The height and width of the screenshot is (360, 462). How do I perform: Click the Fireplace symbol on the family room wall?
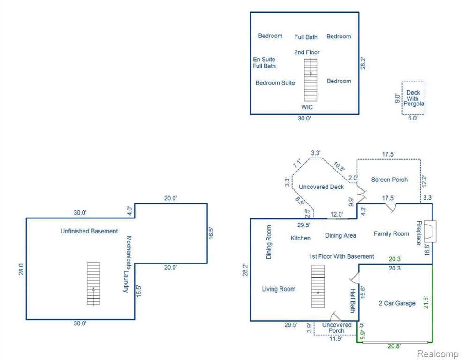(431, 231)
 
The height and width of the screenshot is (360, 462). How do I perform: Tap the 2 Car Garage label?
(397, 303)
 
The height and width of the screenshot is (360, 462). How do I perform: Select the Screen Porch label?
(389, 180)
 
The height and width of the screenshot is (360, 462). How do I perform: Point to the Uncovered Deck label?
(321, 187)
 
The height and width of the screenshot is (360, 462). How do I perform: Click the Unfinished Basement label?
(89, 231)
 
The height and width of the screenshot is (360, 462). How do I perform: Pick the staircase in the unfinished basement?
(93, 284)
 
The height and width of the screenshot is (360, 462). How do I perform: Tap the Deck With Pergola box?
(413, 98)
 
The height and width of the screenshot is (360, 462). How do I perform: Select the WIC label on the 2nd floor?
(307, 107)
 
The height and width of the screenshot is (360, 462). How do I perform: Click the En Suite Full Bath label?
(264, 63)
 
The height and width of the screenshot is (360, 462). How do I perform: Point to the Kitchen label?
(300, 238)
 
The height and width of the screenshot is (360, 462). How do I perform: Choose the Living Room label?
(279, 289)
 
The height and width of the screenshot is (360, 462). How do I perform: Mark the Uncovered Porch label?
(337, 328)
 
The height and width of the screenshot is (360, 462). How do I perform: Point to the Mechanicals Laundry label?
(126, 264)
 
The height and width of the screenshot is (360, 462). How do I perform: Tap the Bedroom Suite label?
(275, 83)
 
